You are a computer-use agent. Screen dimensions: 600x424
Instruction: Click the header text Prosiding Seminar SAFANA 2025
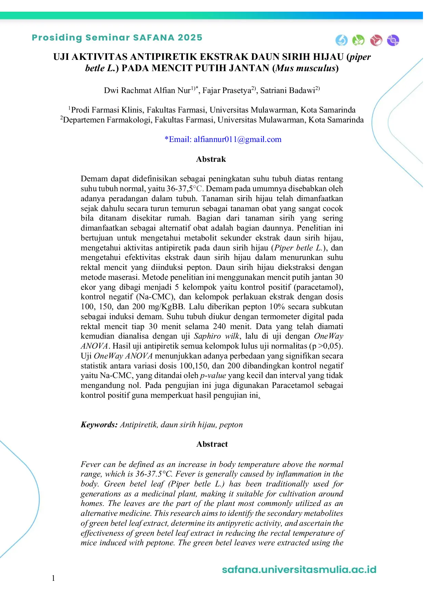pos(117,38)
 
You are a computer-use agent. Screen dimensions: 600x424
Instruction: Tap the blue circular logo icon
pos(341,40)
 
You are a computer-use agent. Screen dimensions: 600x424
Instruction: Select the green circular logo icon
pos(358,40)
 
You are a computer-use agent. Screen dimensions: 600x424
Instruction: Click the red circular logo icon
pos(376,40)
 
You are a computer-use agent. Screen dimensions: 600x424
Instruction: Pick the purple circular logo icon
pos(393,40)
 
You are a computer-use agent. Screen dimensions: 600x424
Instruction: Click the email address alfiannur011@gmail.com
pos(237,140)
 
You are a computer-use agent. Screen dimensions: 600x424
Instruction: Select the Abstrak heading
pos(211,159)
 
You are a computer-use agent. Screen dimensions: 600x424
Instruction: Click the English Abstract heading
pos(212,444)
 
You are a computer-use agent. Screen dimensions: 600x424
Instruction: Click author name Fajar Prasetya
pos(227,91)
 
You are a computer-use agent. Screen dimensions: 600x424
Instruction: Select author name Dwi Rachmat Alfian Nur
pos(147,91)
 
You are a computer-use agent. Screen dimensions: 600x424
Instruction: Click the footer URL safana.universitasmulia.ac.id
pos(299,570)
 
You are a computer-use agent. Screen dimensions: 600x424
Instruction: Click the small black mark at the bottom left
pos(53,579)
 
